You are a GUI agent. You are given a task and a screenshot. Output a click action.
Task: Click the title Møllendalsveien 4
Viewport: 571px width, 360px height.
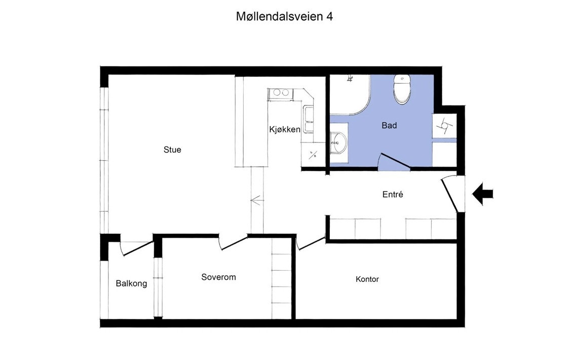tap(284, 16)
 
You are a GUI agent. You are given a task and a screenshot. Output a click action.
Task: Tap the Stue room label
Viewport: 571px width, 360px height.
tap(172, 150)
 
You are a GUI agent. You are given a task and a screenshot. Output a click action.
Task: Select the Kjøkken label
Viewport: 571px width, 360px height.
tap(284, 129)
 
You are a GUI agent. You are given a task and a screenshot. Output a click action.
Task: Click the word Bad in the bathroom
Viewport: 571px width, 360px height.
tap(389, 125)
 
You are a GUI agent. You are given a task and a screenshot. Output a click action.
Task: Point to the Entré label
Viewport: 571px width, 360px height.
tap(393, 194)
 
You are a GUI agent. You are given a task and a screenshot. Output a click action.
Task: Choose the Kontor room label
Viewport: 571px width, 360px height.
tap(367, 279)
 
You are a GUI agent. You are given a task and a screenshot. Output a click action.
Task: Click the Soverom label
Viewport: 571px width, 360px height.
tap(218, 277)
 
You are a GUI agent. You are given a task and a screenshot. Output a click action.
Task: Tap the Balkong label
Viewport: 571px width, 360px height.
tap(131, 283)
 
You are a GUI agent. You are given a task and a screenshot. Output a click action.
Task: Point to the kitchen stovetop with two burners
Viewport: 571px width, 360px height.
tap(280, 93)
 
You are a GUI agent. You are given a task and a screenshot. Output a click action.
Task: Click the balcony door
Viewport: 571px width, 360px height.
tap(137, 247)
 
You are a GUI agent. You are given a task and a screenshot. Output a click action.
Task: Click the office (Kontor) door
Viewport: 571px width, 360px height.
tap(311, 242)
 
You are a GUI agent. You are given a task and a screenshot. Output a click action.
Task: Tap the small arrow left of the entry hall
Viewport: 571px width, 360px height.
tap(257, 201)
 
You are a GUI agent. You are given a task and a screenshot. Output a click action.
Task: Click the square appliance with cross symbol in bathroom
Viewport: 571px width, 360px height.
tap(444, 126)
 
